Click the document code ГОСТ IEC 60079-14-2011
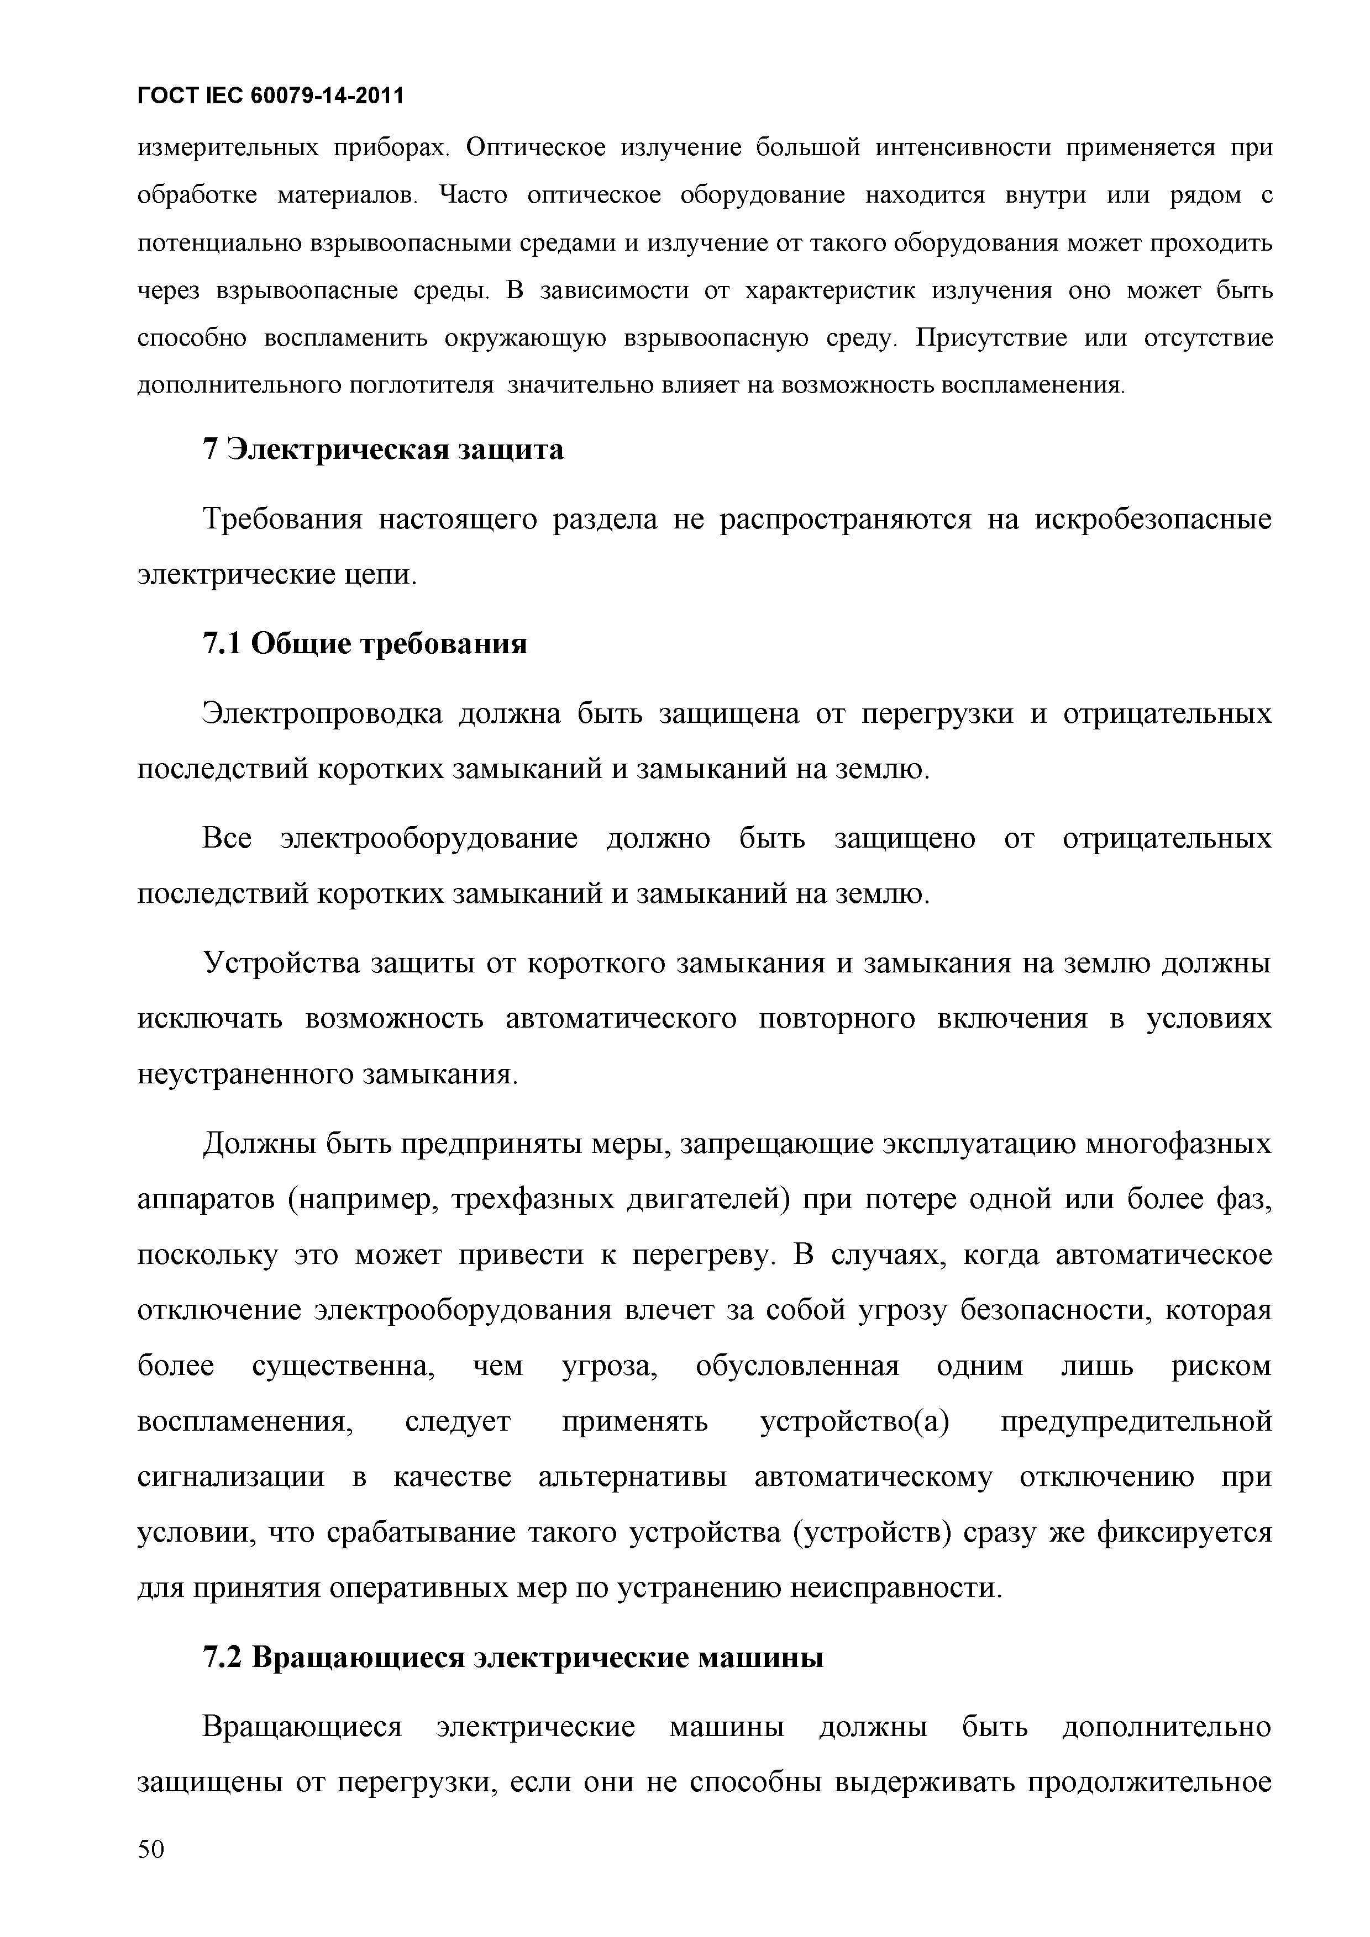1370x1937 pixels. point(270,97)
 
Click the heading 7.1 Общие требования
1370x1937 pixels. point(365,644)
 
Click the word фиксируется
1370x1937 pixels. point(1184,1532)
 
